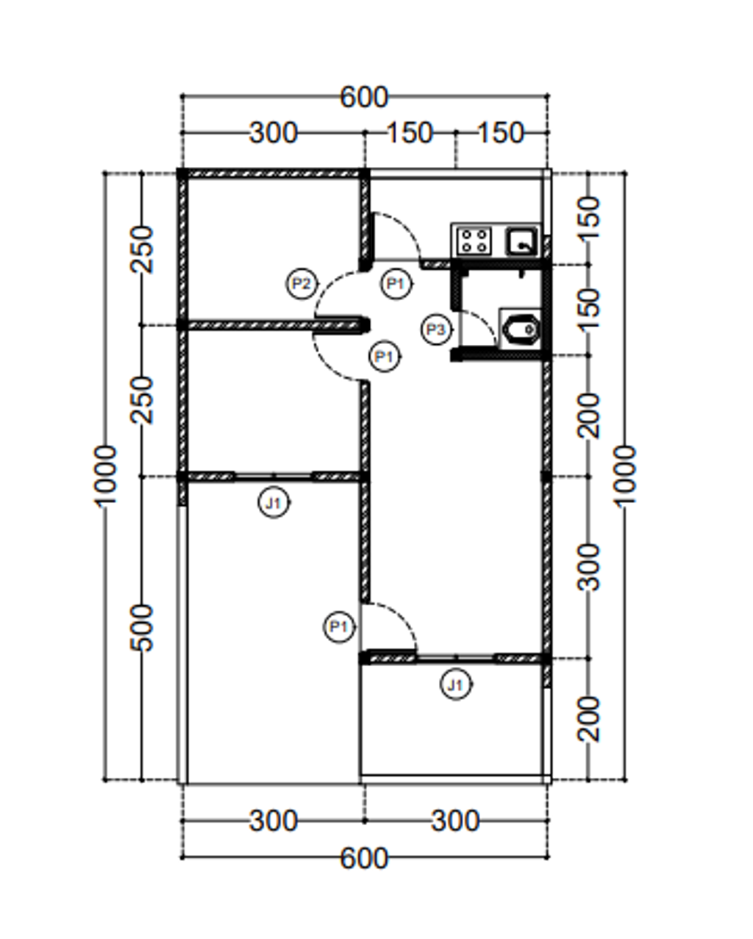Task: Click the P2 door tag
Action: [301, 284]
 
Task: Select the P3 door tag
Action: [436, 330]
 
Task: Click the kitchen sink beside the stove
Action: [521, 241]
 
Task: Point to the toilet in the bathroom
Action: [521, 330]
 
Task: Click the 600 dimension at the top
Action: [364, 97]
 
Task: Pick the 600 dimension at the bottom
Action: [364, 858]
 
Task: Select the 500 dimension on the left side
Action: [143, 628]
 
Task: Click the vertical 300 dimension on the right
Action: [588, 567]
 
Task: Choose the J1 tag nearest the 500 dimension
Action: [274, 503]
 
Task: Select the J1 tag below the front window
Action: [456, 685]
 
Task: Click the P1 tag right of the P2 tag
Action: [396, 284]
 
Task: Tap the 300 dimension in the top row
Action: [274, 132]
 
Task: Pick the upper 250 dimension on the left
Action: [143, 249]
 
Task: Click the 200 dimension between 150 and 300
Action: [588, 416]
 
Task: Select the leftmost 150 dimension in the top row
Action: [410, 132]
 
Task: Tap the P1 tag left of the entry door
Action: [339, 627]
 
